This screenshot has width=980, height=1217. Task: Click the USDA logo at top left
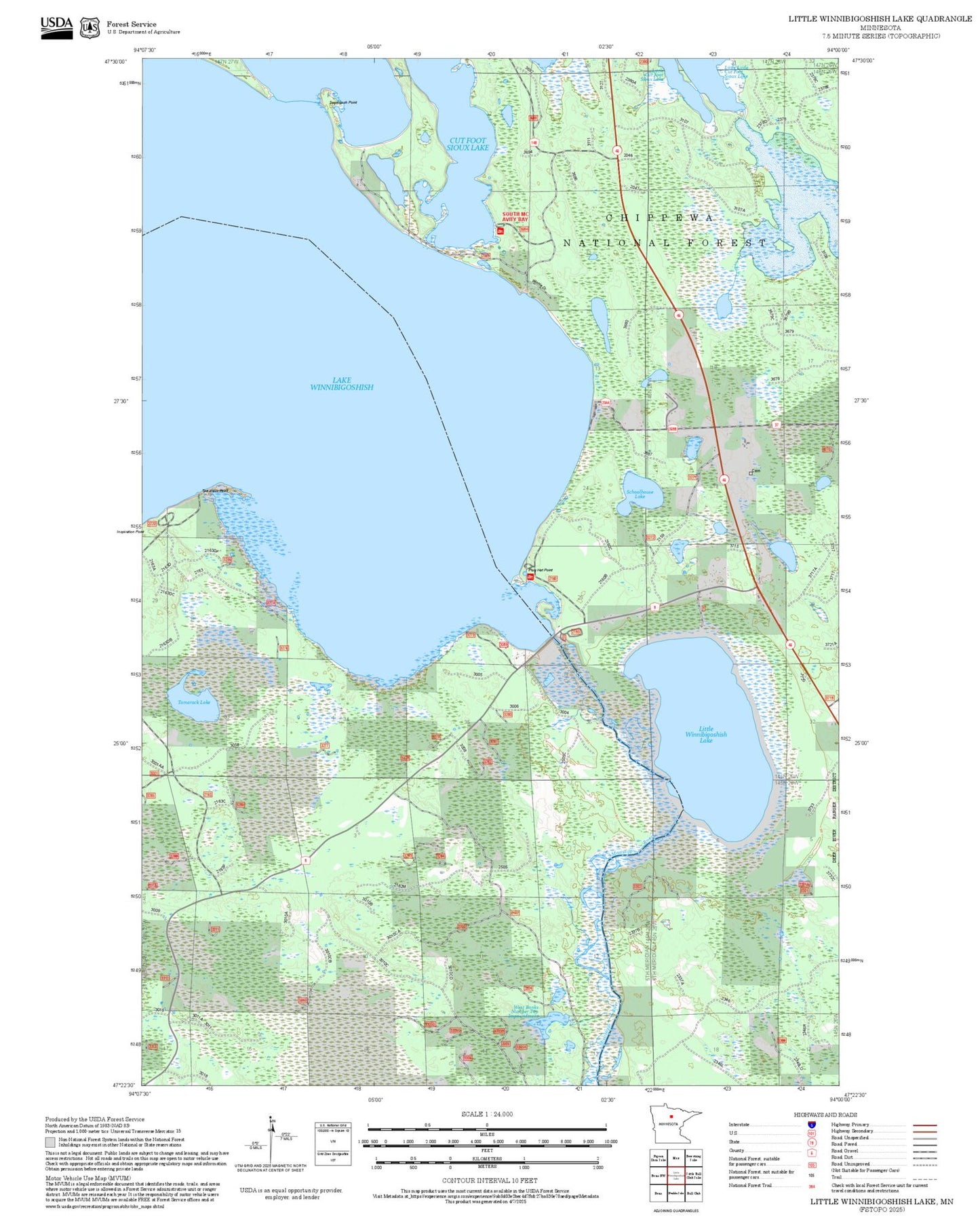point(56,27)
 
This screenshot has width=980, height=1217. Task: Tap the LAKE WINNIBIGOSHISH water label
point(341,384)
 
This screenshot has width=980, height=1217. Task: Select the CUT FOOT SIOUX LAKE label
point(467,144)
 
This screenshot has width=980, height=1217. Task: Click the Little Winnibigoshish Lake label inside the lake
point(705,735)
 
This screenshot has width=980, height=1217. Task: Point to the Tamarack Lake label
point(194,702)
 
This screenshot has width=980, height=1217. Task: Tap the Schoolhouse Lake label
point(640,494)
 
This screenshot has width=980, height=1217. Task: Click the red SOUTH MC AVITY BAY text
point(515,217)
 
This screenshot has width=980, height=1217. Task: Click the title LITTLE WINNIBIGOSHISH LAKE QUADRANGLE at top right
point(880,19)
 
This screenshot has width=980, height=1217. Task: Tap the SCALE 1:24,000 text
point(486,1114)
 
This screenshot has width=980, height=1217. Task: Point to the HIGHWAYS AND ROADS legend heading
point(825,1115)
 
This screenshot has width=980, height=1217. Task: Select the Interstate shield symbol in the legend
point(811,1125)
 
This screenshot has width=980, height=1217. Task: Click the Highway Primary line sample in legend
point(924,1125)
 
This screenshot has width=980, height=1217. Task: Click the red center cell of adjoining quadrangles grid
point(675,1174)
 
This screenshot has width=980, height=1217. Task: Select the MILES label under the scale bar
point(486,1134)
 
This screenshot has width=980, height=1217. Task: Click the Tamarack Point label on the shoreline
point(215,490)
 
